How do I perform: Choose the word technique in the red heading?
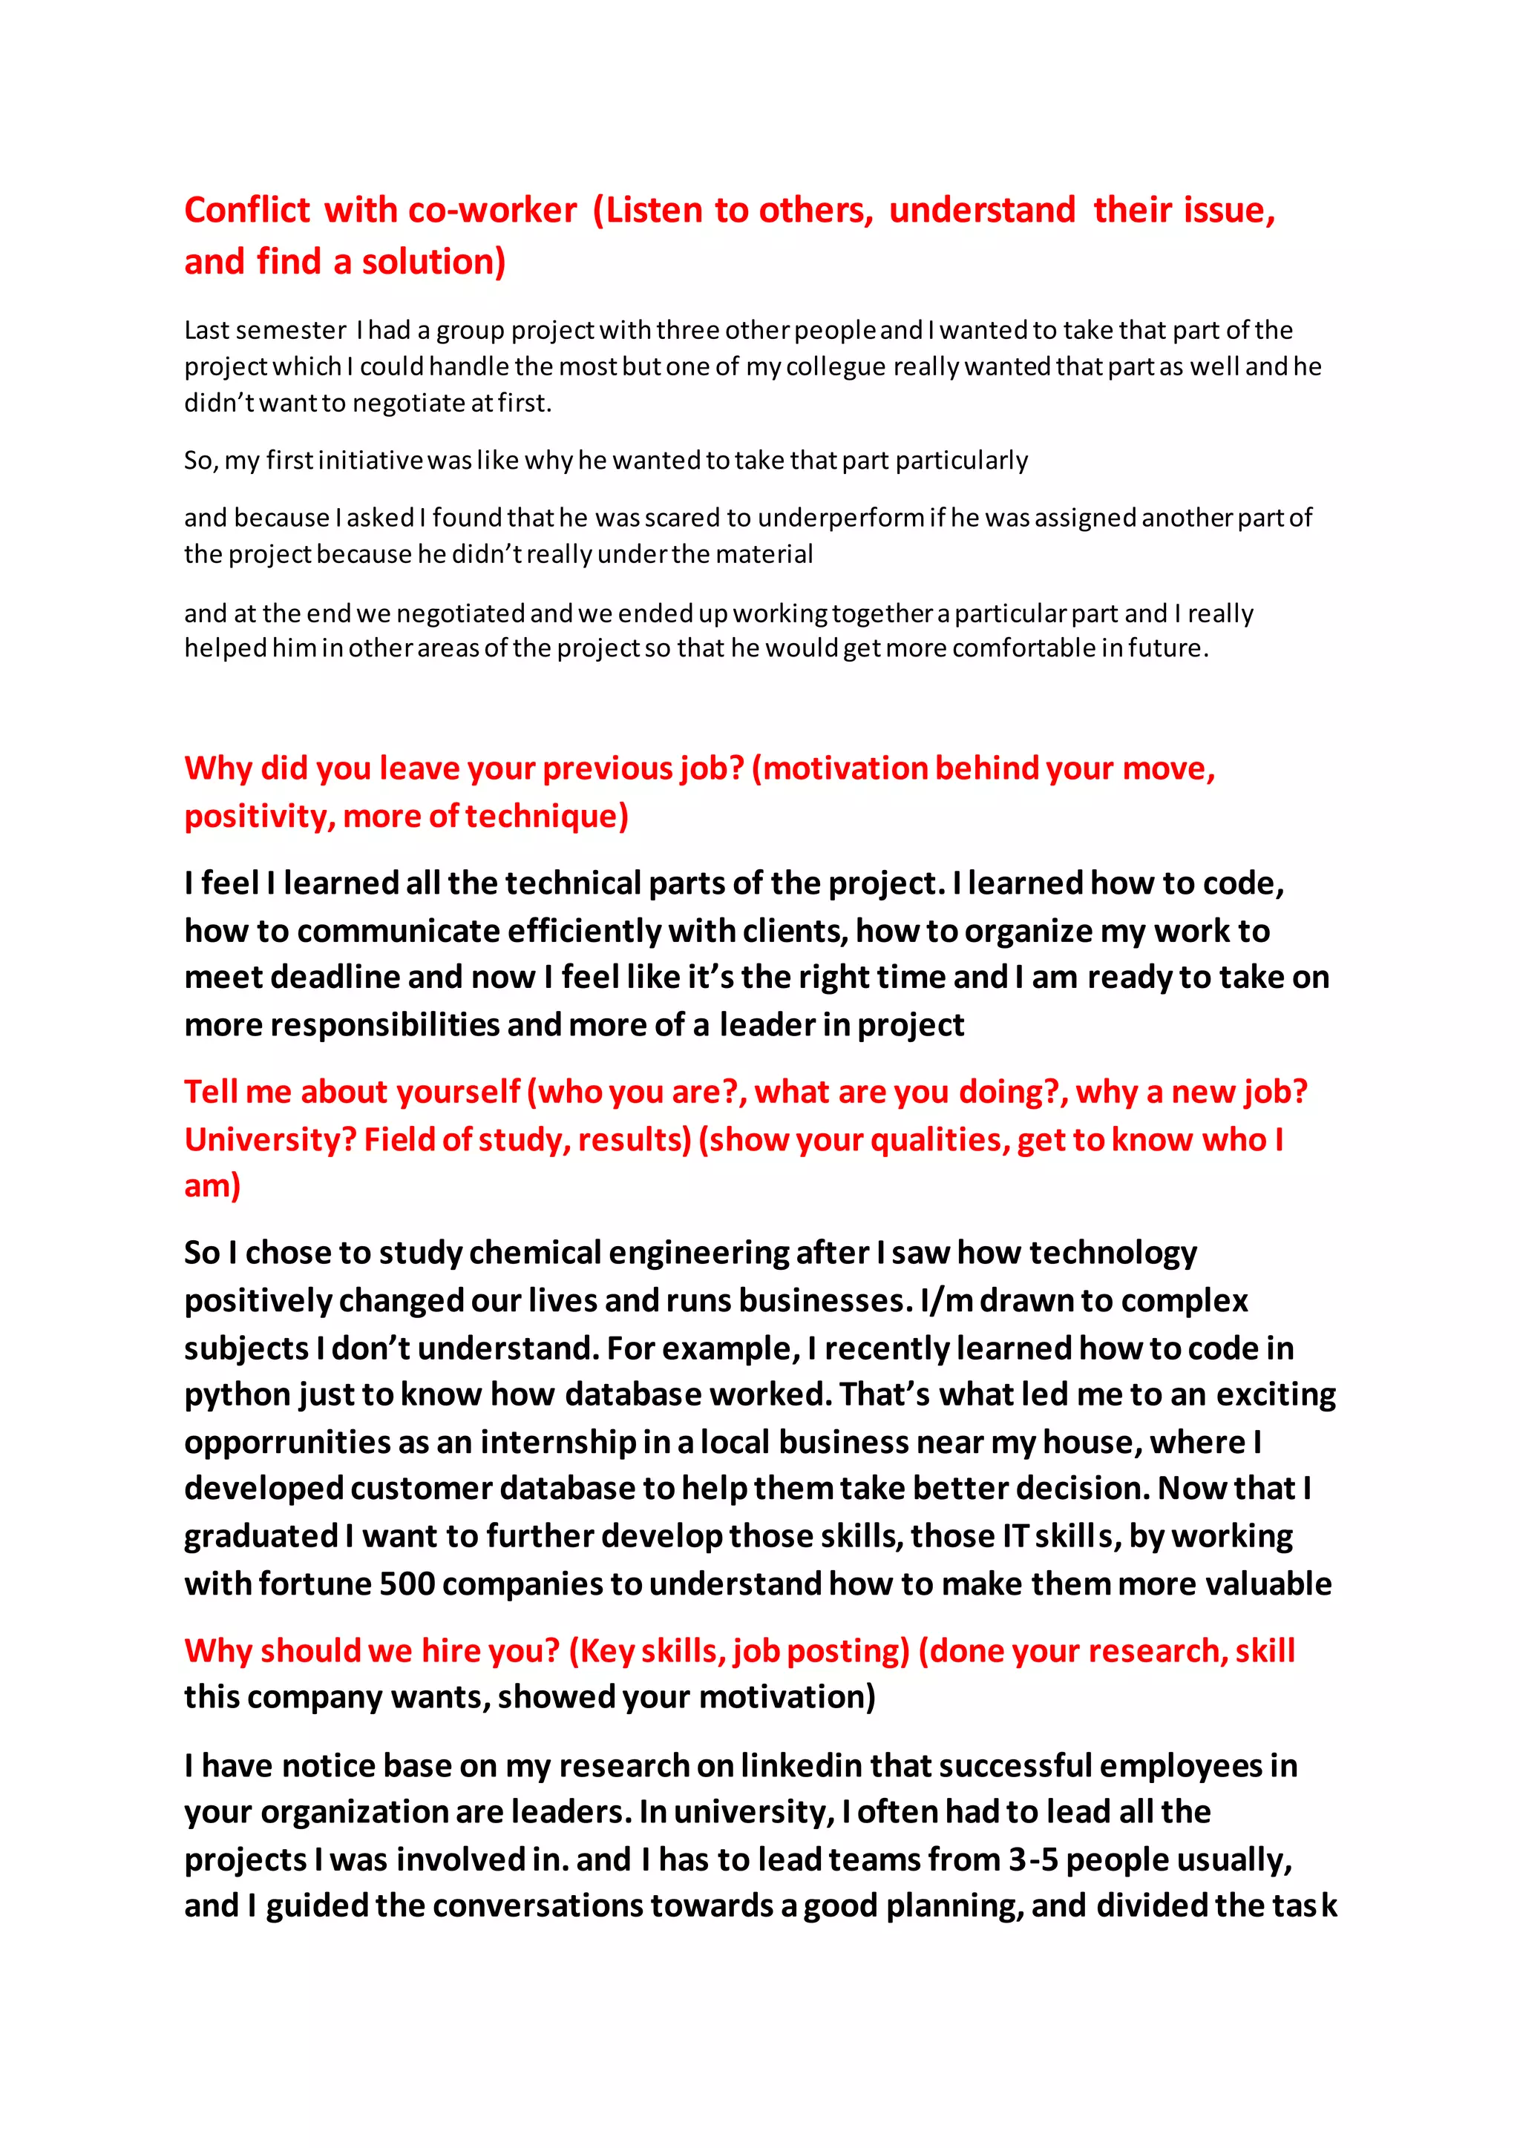click(546, 817)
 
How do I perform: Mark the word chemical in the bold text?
click(534, 1253)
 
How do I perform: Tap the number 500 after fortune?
click(407, 1584)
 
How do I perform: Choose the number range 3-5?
click(1032, 1860)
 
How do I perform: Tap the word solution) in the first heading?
click(433, 262)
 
